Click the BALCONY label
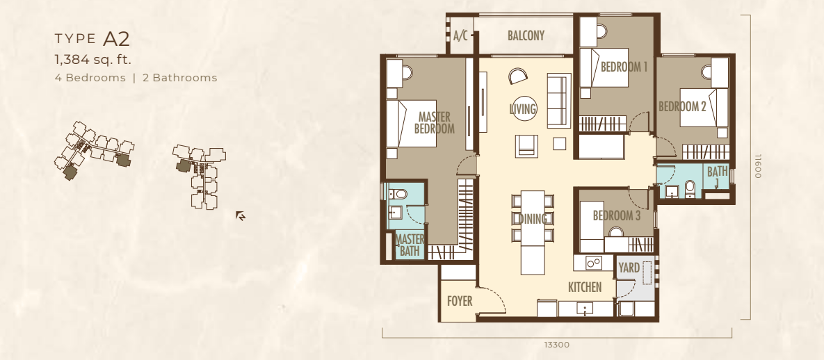click(526, 35)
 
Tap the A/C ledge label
click(460, 35)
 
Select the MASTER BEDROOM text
click(434, 122)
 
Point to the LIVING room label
click(522, 109)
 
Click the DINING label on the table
click(533, 219)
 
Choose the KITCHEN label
click(585, 287)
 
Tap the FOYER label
click(460, 302)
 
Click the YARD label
click(629, 268)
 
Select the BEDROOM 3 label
click(616, 215)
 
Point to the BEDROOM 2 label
click(683, 107)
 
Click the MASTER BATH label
click(410, 245)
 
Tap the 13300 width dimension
click(556, 345)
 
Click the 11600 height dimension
click(758, 166)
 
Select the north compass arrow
click(241, 215)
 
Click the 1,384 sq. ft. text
click(93, 59)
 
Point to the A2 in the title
click(116, 39)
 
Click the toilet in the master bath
click(400, 195)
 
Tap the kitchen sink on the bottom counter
click(584, 308)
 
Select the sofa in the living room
click(559, 101)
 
